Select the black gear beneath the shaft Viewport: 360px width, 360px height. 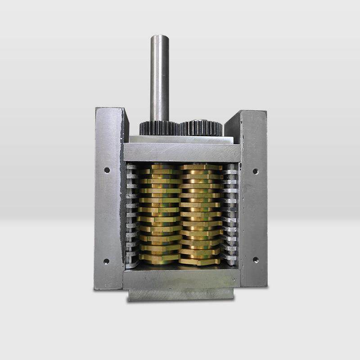click(x=158, y=128)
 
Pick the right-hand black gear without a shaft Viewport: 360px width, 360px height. click(x=201, y=128)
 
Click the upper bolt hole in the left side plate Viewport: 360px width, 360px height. click(x=107, y=170)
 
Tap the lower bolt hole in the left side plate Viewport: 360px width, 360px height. click(x=106, y=261)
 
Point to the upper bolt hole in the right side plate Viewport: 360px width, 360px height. click(x=255, y=171)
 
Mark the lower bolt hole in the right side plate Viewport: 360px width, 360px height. click(x=255, y=260)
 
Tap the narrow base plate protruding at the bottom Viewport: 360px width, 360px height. click(x=181, y=294)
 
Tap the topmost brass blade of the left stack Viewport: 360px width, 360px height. click(x=160, y=167)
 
